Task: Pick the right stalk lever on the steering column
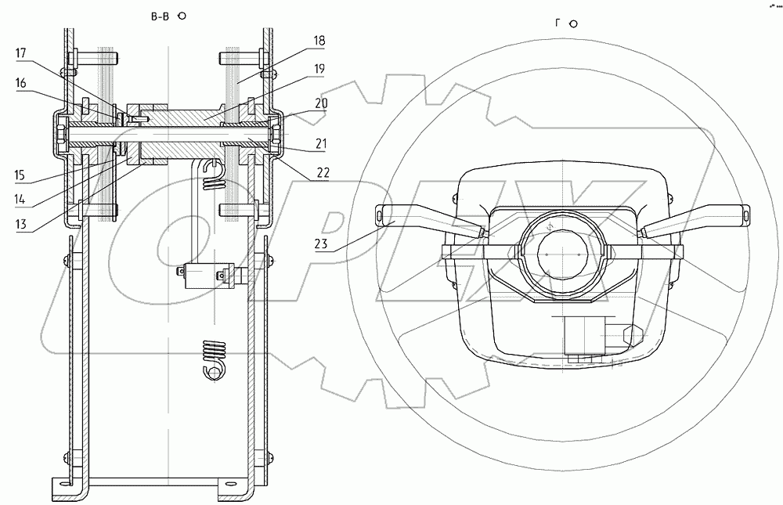coord(692,217)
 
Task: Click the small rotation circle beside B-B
coord(182,15)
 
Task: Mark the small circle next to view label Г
coord(573,23)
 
